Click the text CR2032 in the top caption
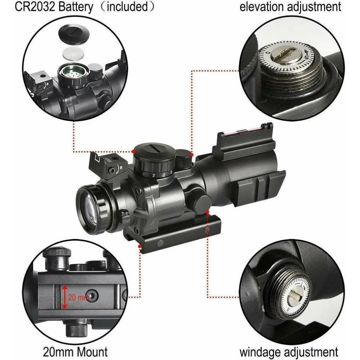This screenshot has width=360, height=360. pyautogui.click(x=35, y=6)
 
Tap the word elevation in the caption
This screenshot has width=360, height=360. pyautogui.click(x=261, y=7)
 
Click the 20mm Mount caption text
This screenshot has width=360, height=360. pyautogui.click(x=75, y=352)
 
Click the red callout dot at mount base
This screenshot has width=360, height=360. pyautogui.click(x=140, y=246)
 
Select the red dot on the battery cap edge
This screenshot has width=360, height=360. pyautogui.click(x=133, y=151)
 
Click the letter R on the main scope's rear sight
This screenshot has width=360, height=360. pyautogui.click(x=121, y=168)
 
